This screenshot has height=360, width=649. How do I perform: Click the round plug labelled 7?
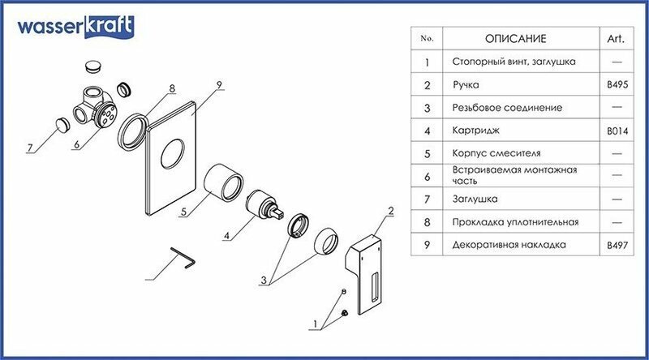point(63,124)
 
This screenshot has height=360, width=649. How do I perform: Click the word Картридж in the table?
point(474,130)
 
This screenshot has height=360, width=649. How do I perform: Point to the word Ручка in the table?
point(465,84)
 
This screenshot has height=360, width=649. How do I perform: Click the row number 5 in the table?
point(427,152)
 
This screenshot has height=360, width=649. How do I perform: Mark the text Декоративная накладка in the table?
point(506,243)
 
